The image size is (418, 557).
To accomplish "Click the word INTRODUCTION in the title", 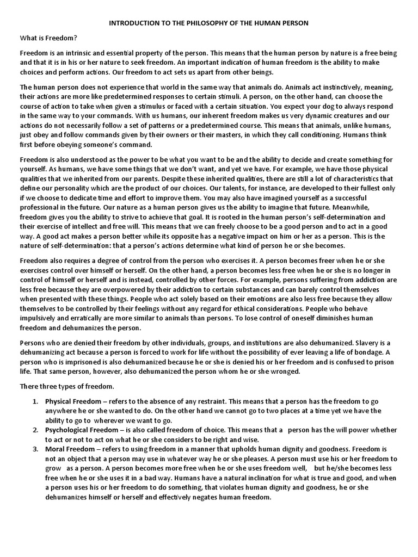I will pos(133,24).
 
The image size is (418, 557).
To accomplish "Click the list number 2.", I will pos(34,430).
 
